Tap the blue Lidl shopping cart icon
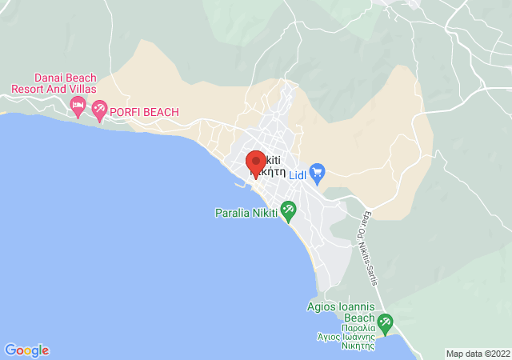point(318,170)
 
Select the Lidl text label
point(297,170)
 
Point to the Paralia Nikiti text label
point(246,213)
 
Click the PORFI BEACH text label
point(145,112)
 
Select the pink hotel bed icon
point(78,105)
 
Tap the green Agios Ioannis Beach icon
point(386,323)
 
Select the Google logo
point(27,350)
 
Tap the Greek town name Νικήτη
point(267,171)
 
